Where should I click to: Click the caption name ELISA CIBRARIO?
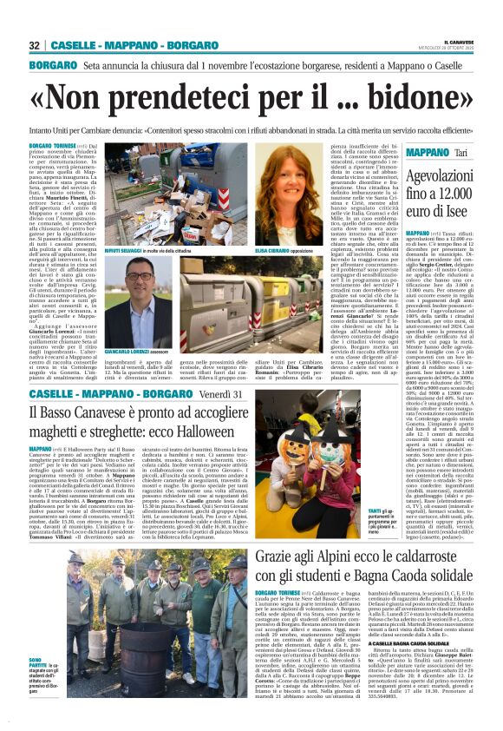(285, 250)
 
